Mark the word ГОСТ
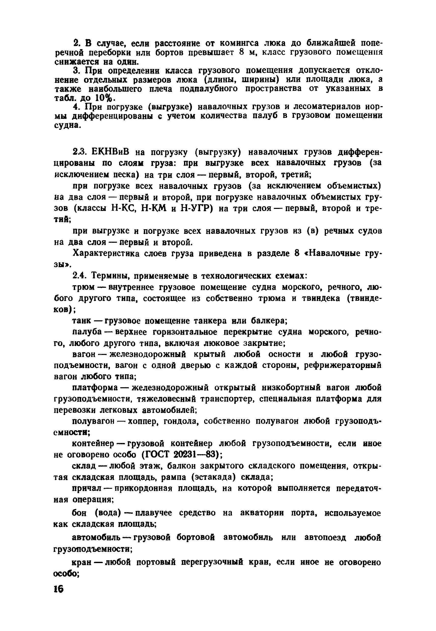click(x=158, y=455)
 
